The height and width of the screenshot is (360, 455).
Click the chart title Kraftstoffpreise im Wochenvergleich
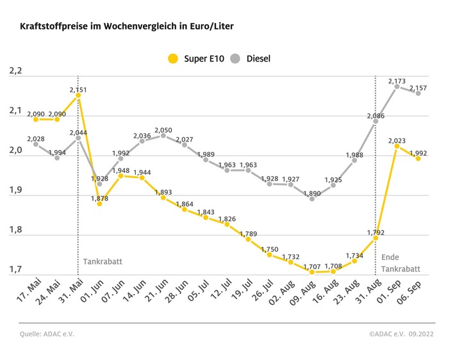(126, 27)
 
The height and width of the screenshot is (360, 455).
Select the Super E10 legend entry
(196, 58)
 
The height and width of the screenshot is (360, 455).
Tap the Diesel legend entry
(250, 58)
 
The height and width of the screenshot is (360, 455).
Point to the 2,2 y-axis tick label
(15, 71)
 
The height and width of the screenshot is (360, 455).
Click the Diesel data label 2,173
(397, 81)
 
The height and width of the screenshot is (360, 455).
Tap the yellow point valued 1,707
(312, 272)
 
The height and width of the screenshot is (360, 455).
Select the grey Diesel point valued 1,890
(312, 199)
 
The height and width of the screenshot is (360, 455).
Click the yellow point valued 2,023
(397, 146)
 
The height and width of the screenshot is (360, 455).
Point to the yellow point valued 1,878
(99, 204)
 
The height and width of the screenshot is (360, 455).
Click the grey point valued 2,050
(163, 135)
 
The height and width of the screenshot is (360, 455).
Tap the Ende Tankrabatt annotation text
(398, 262)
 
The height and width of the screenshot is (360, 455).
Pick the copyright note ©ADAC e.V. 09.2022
(401, 334)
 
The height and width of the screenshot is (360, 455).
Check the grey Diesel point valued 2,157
(418, 93)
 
